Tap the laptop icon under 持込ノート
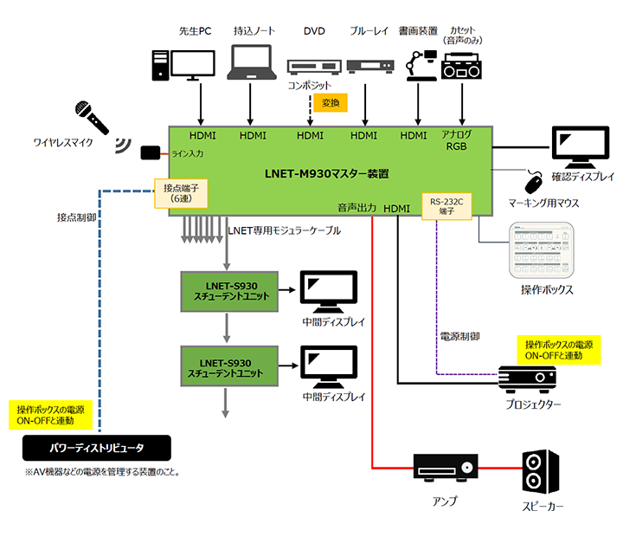[251, 64]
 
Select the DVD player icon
[310, 67]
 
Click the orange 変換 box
[329, 103]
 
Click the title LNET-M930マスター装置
[326, 172]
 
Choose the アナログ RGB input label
[457, 140]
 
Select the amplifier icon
[444, 470]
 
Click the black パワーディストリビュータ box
[96, 447]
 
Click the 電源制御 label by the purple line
[459, 335]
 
